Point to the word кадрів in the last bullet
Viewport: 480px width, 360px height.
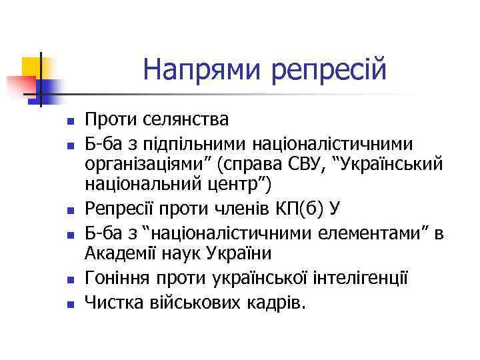tap(273, 303)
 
